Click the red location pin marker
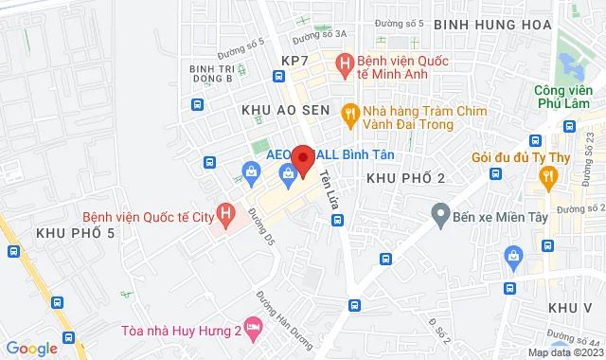303,160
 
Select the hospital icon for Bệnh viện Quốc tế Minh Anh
347,64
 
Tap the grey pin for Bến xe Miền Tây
439,217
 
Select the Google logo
30,348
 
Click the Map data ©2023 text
565,352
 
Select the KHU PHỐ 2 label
405,178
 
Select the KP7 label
295,61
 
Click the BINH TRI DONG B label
211,73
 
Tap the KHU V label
569,309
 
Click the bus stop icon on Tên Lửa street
337,220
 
